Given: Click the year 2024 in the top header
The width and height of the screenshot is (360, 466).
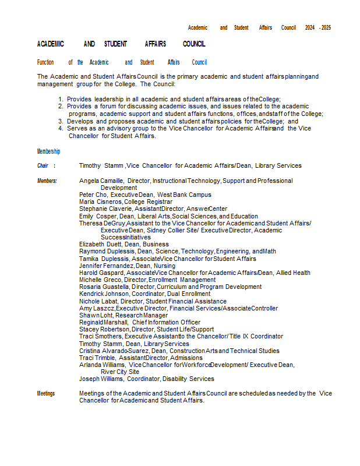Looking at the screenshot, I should pos(310,27).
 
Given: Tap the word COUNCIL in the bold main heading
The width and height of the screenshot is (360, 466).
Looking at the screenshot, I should pos(194,44).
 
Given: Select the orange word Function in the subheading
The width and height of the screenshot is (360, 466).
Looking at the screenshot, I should pos(45,62).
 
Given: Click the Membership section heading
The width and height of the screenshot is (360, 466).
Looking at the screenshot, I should pos(48,151).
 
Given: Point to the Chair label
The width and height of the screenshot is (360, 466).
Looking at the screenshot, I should pos(43,166).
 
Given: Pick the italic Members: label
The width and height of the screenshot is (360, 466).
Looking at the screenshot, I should pos(47,181).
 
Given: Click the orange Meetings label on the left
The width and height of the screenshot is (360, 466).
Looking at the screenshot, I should pos(46,394).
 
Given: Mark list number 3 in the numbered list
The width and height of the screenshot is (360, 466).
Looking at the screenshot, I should pos(60,121).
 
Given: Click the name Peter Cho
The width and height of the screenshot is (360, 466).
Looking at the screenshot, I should pos(93,195).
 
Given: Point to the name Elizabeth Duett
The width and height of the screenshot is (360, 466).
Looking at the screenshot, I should pos(100,245).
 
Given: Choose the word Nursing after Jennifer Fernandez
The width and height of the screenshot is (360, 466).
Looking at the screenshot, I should pos(165,266).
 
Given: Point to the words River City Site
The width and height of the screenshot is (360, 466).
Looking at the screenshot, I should pos(120,372).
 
